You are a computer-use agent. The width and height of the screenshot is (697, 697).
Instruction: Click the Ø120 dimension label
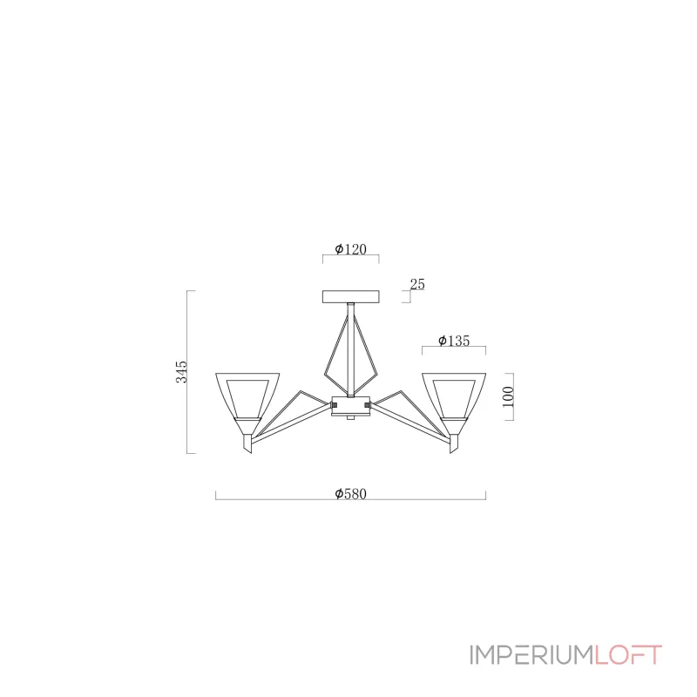click(351, 249)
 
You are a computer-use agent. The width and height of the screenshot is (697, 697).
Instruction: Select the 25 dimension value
click(417, 284)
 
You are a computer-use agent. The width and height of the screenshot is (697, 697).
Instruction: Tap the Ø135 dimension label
click(454, 341)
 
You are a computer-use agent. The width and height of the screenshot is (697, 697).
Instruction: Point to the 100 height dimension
click(508, 396)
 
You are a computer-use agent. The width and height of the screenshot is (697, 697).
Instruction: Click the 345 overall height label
click(181, 372)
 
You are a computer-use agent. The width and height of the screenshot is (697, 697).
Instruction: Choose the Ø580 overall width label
click(351, 494)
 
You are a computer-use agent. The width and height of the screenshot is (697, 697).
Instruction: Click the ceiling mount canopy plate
click(351, 296)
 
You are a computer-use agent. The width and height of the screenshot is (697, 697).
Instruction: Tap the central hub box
click(351, 406)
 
